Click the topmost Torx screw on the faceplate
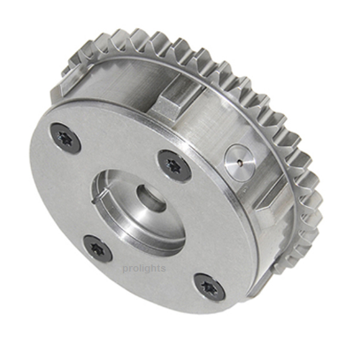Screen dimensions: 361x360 coord(65,138)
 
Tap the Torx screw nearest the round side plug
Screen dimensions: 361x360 coord(173,165)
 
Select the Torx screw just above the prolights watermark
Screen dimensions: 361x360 coord(97,248)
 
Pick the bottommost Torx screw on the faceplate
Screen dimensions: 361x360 coord(210,287)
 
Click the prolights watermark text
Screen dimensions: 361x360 coord(144,269)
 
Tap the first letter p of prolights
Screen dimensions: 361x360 coord(126,270)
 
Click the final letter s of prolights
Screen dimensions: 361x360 coord(163,269)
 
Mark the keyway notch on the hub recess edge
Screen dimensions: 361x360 coord(98,198)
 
